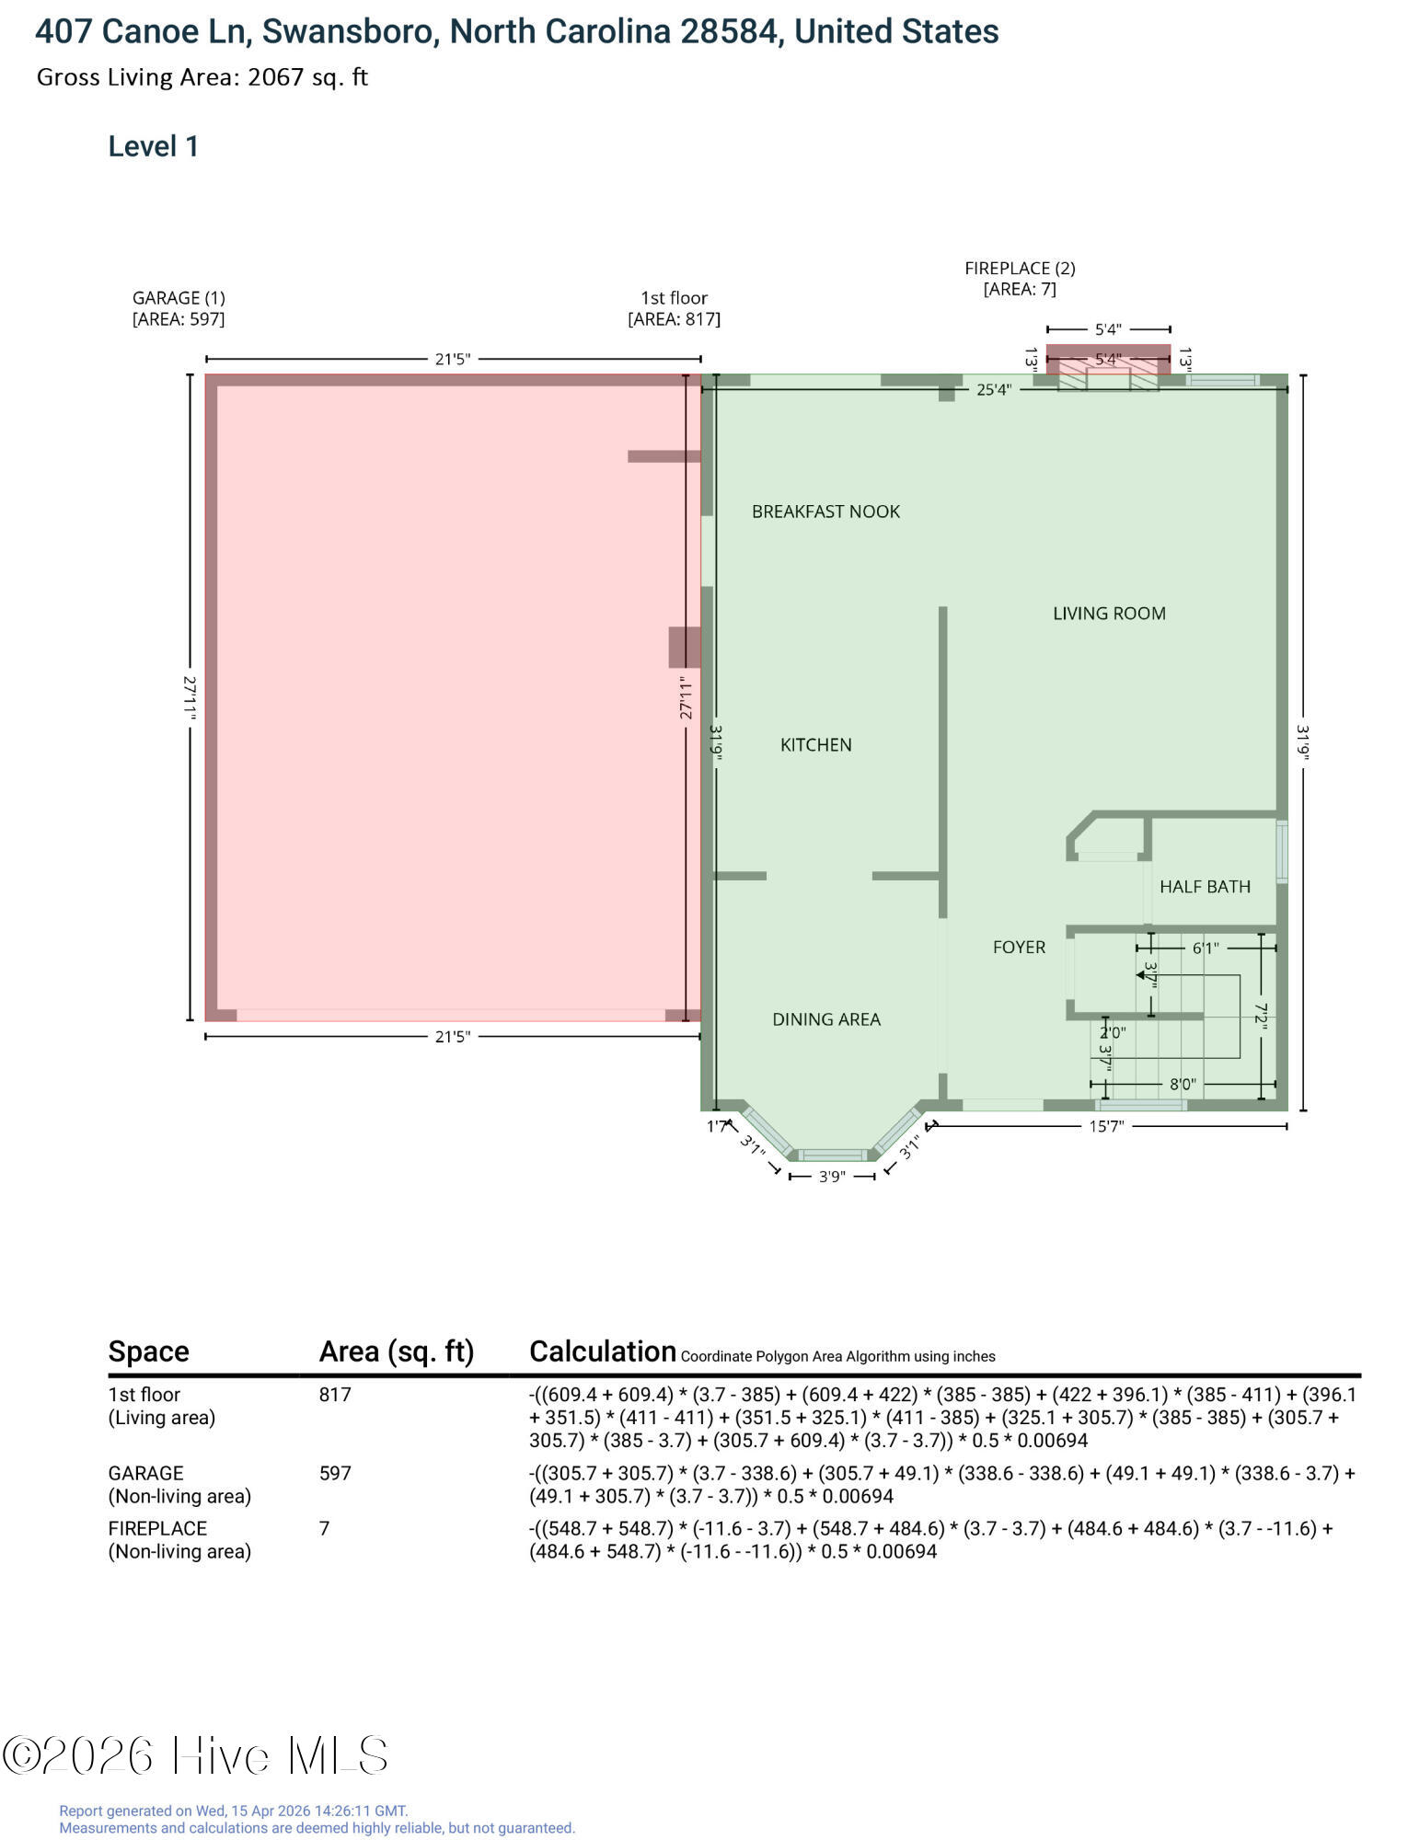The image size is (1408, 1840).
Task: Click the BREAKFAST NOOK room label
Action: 825,512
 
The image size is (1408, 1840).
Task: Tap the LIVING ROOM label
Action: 1109,614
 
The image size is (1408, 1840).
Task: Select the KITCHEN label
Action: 815,745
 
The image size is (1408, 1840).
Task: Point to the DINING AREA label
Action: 825,1019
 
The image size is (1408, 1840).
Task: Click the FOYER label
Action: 1019,948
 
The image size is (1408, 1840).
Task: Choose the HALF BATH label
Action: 1205,887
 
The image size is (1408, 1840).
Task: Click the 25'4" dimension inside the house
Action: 993,390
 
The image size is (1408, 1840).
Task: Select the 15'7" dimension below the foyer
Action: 1106,1127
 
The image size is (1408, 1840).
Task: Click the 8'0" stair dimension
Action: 1183,1085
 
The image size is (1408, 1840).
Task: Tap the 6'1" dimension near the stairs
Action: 1205,949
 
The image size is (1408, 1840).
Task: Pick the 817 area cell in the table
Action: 335,1395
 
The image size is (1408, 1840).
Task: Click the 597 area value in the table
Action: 335,1474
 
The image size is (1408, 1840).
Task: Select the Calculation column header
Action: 603,1351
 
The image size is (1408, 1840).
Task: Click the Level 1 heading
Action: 154,146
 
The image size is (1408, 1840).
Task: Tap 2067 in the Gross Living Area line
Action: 275,77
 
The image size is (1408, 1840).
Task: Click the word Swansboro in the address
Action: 346,32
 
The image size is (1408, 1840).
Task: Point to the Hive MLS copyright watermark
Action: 195,1755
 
